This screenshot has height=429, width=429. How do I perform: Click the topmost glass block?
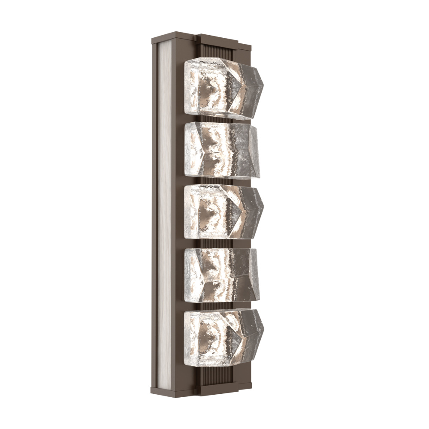[221, 88]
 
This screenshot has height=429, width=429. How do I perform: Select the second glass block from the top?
[221, 150]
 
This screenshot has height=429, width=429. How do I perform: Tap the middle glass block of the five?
[221, 211]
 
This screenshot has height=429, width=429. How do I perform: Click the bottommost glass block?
[221, 337]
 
